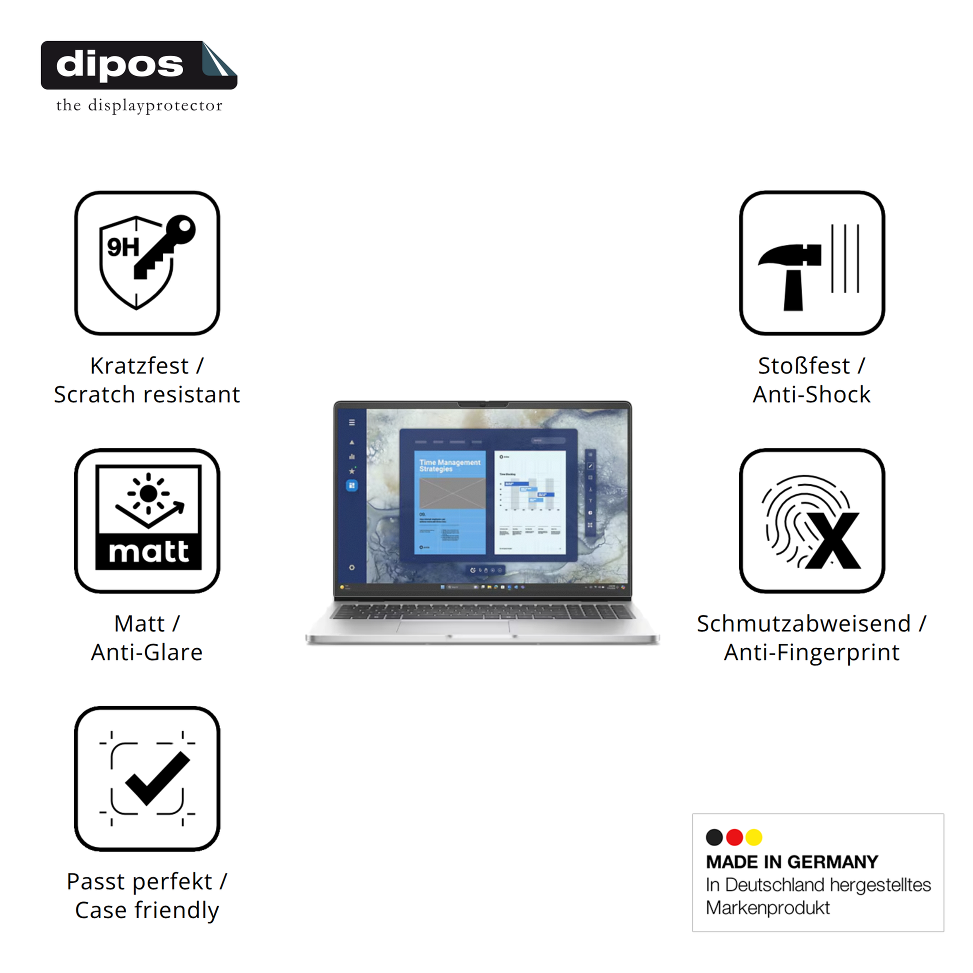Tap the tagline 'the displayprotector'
point(139,106)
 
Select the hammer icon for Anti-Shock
point(811,263)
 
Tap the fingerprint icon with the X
point(811,520)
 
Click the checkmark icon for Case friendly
point(147,778)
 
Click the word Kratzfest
point(139,366)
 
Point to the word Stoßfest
point(804,366)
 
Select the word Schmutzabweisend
point(804,624)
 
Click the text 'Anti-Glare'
point(147,652)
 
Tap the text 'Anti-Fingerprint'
point(811,652)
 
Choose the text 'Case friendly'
point(147,910)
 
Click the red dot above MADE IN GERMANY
point(734,837)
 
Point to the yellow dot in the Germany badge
point(754,837)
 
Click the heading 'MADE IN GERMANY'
point(791,862)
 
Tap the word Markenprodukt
point(767,908)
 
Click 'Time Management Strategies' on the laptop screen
point(449,465)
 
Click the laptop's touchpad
point(453,627)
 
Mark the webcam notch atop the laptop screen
point(482,404)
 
